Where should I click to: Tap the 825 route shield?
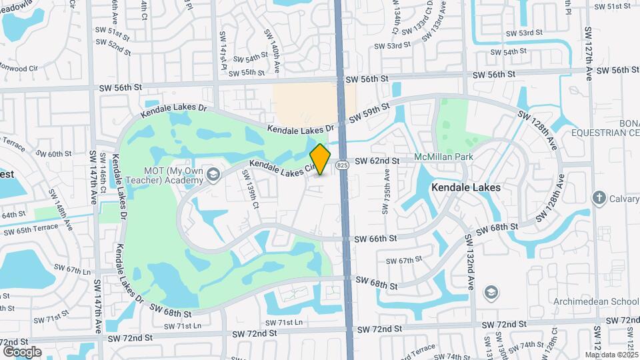point(342,165)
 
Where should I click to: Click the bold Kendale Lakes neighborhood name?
point(466,187)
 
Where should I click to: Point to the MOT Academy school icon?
point(213,175)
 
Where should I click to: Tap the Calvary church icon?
point(598,198)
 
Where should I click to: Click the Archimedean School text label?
point(595,301)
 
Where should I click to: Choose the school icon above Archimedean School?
point(492,293)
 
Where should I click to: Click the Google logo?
point(22,351)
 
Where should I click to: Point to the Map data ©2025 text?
point(611,355)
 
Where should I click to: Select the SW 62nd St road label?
point(377,161)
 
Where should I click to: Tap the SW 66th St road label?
point(375,238)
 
